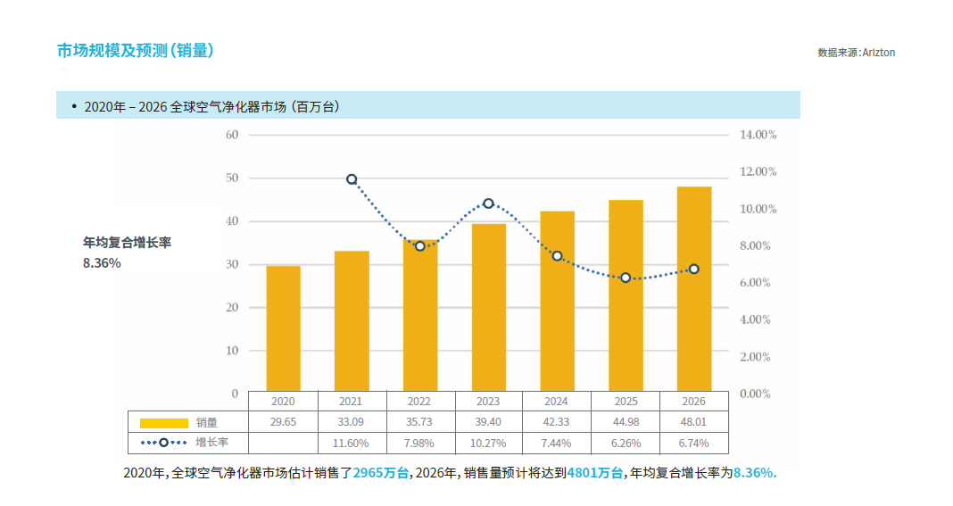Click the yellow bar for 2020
coord(284,328)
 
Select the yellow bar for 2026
coord(694,289)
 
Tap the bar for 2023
coord(488,308)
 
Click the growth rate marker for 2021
coord(352,179)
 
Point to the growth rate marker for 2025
coord(626,278)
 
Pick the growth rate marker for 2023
coord(488,203)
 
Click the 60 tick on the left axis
coord(232,135)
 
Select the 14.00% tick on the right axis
coord(758,135)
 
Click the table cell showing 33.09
coord(351,422)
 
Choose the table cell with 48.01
coord(693,422)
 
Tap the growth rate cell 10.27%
coord(488,443)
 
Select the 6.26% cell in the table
coord(625,443)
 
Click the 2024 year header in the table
coord(556,402)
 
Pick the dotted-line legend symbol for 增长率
coord(162,443)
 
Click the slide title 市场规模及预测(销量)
coord(135,51)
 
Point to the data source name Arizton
coord(878,53)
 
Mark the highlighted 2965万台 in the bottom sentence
coord(381,473)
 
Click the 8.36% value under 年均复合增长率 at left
coord(102,263)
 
